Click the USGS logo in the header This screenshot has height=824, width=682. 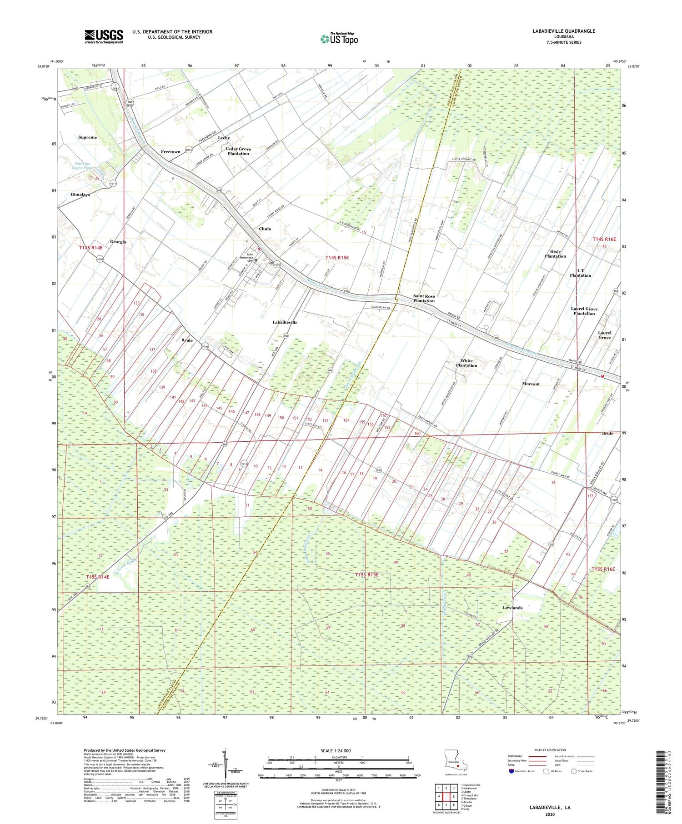pos(104,36)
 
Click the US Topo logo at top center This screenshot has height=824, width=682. pos(339,39)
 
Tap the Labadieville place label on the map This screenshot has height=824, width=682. pos(285,322)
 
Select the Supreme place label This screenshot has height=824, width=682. pos(87,137)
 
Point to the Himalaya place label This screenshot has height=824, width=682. pos(80,195)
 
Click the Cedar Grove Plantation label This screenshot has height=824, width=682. pos(238,151)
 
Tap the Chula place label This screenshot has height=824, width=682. pos(265,229)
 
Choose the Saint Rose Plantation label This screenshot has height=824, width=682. pos(424,299)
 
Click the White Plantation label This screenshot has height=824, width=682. pos(466,363)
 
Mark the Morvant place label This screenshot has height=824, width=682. pos(531,384)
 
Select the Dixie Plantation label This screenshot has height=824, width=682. pos(555,254)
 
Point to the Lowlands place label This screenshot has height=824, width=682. pos(512,608)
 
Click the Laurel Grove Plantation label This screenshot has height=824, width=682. pos(584,311)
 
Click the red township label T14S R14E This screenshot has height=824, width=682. pos(90,248)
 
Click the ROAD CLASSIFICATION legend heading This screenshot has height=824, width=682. pos(550,750)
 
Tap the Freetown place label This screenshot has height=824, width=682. pos(170,152)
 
